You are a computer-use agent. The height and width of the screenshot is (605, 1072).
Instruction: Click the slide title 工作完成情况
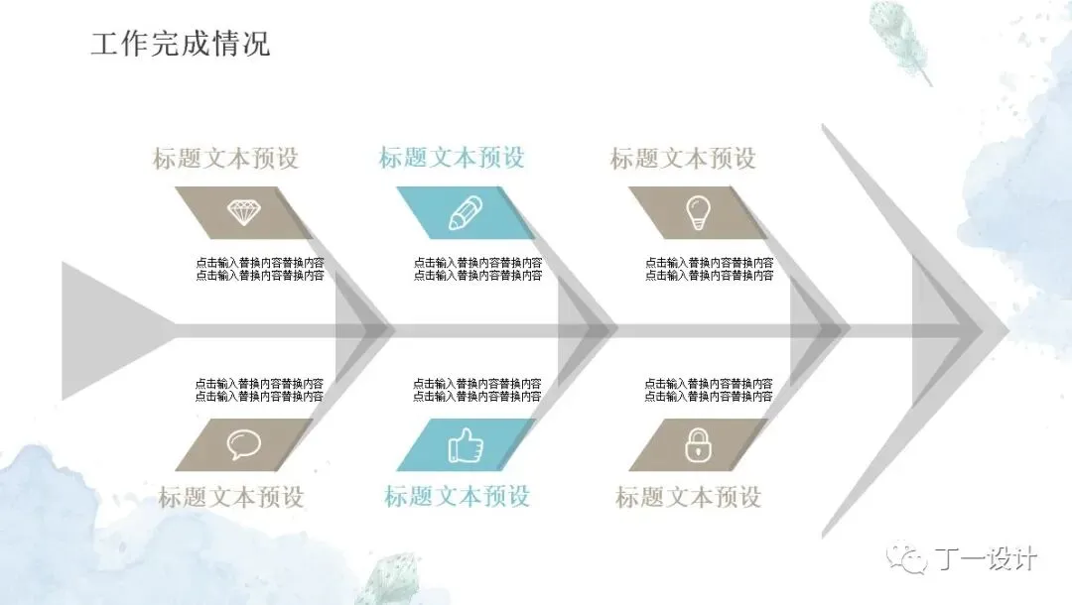pyautogui.click(x=180, y=45)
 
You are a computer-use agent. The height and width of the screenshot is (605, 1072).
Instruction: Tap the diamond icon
pyautogui.click(x=244, y=211)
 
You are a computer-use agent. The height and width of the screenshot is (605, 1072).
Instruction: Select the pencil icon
pyautogui.click(x=466, y=212)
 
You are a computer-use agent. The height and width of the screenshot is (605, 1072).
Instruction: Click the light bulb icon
pyautogui.click(x=699, y=211)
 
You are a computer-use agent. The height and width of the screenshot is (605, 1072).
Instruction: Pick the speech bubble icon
pyautogui.click(x=243, y=444)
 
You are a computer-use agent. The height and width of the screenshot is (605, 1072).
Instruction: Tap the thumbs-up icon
pyautogui.click(x=466, y=445)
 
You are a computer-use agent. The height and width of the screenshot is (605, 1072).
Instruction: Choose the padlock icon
pyautogui.click(x=699, y=445)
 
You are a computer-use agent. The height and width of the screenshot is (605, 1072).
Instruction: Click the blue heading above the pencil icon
pyautogui.click(x=452, y=158)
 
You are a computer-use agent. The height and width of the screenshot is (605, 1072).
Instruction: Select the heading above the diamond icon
pyautogui.click(x=225, y=159)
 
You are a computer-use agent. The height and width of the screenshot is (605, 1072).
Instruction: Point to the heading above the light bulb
pyautogui.click(x=683, y=159)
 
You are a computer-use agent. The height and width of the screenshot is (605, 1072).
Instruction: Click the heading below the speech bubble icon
pyautogui.click(x=230, y=497)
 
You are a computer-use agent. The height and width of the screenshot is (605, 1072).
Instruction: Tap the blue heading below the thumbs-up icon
pyautogui.click(x=458, y=496)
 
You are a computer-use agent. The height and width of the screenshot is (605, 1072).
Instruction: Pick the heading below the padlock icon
pyautogui.click(x=688, y=497)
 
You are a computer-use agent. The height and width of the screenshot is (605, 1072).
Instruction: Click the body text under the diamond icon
pyautogui.click(x=260, y=269)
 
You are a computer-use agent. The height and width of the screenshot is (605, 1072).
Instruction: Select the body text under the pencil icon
pyautogui.click(x=478, y=269)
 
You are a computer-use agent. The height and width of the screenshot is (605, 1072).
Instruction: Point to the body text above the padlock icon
pyautogui.click(x=709, y=390)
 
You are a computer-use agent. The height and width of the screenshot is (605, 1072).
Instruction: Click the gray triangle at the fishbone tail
pyautogui.click(x=109, y=327)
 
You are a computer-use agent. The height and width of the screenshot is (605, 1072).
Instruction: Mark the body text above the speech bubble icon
pyautogui.click(x=259, y=390)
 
